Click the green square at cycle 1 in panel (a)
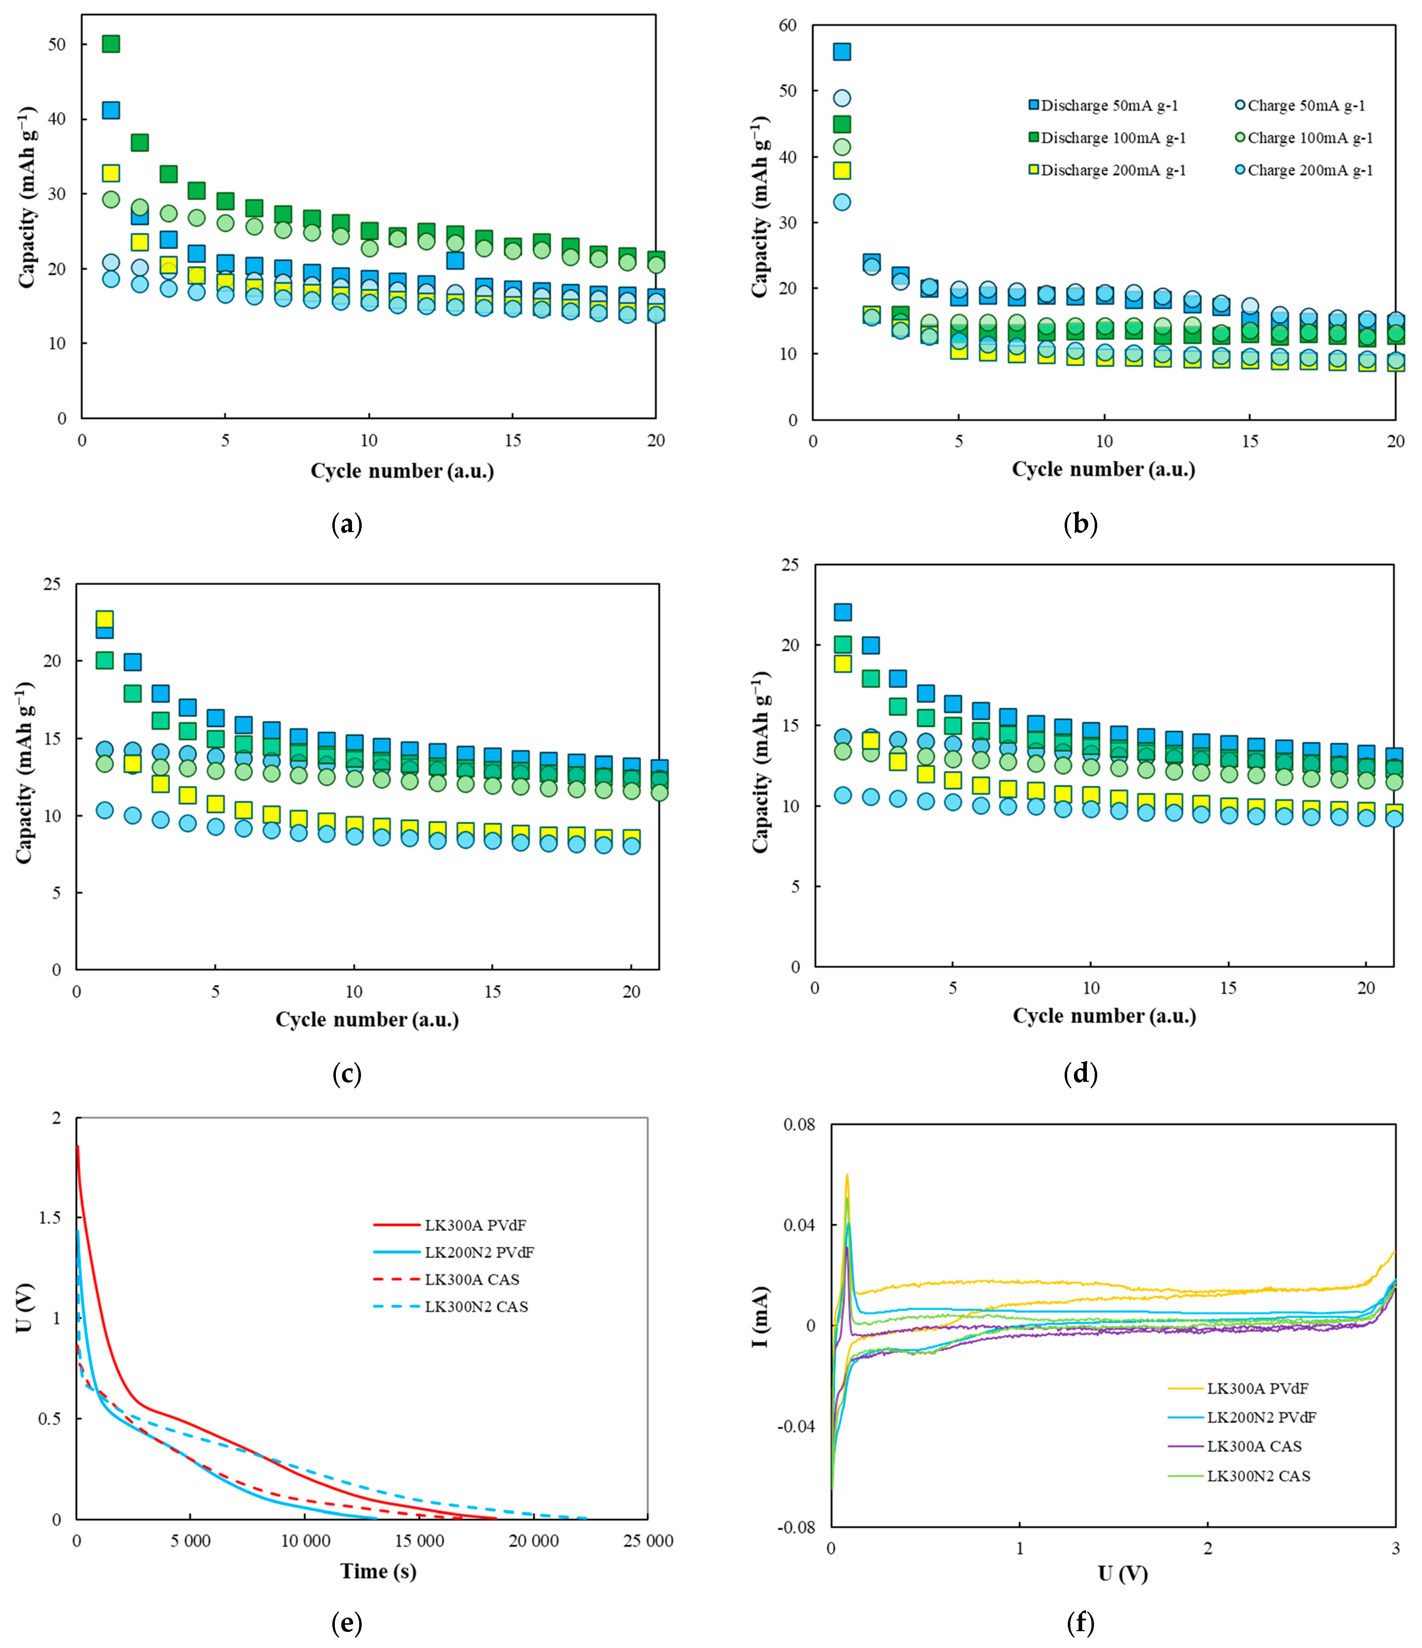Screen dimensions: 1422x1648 click(x=111, y=44)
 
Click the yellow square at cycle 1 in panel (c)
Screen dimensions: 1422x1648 click(x=104, y=619)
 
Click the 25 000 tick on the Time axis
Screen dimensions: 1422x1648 click(x=648, y=1541)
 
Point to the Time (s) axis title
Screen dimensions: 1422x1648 click(x=379, y=1571)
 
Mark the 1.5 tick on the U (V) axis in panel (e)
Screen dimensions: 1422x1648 click(x=49, y=1219)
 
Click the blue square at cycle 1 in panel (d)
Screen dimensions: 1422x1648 click(x=842, y=612)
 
